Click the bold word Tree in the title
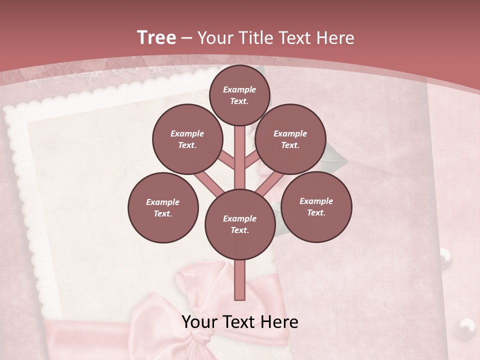(x=156, y=37)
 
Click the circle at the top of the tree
(x=239, y=95)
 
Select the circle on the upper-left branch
(x=187, y=139)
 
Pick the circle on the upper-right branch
(x=290, y=139)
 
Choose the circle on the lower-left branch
(x=163, y=207)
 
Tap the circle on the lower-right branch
(x=316, y=206)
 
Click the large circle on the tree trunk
(x=240, y=224)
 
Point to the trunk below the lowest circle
(x=240, y=280)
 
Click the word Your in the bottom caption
(x=200, y=322)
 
